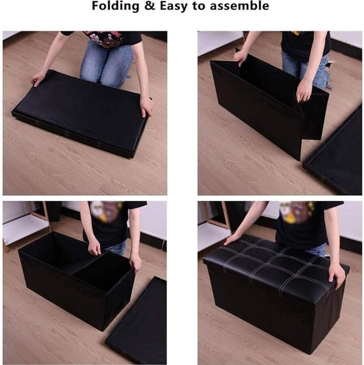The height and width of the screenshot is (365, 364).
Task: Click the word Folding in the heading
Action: [x=116, y=6]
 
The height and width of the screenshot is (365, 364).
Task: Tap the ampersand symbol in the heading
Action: [x=149, y=6]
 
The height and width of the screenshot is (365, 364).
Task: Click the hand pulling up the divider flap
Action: [x=304, y=91]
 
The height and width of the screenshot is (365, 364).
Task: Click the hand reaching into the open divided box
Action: [x=95, y=246]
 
